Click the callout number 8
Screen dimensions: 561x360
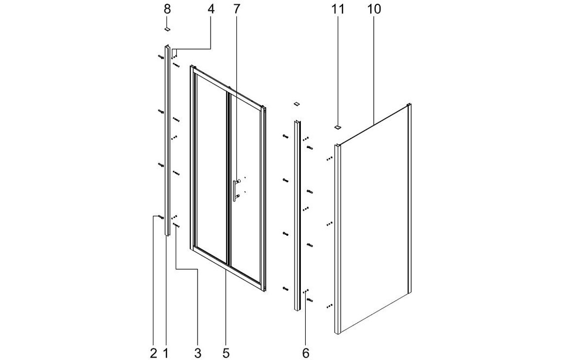click(167, 9)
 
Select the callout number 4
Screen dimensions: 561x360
click(211, 9)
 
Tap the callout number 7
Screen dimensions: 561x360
click(236, 9)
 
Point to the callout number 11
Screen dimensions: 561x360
click(338, 9)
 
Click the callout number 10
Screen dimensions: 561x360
click(374, 9)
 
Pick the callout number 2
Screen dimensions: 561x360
click(153, 353)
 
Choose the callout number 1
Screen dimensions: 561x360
click(165, 353)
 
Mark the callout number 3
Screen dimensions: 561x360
click(198, 353)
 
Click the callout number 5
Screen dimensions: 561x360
click(226, 353)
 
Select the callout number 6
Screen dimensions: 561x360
click(306, 353)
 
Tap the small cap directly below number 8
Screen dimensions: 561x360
click(167, 29)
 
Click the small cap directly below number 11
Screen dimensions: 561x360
click(338, 127)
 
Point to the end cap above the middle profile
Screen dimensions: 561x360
click(296, 104)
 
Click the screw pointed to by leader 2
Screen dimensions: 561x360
click(161, 217)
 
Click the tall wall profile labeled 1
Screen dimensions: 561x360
click(167, 140)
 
